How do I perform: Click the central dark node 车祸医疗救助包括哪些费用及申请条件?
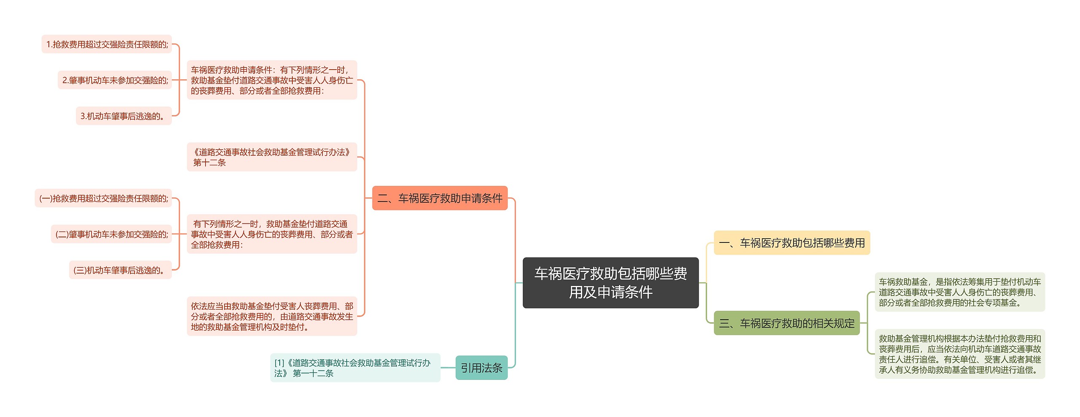pyautogui.click(x=610, y=282)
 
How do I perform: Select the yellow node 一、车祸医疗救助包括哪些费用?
pyautogui.click(x=791, y=243)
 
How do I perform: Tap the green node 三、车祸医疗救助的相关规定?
pyautogui.click(x=786, y=323)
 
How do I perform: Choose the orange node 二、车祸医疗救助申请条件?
pyautogui.click(x=440, y=198)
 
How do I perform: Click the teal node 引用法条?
pyautogui.click(x=481, y=368)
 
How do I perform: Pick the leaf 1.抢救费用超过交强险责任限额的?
pyautogui.click(x=107, y=44)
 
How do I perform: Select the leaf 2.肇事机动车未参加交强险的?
pyautogui.click(x=115, y=80)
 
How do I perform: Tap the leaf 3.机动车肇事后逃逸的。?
pyautogui.click(x=124, y=116)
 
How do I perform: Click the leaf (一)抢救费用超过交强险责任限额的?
pyautogui.click(x=103, y=198)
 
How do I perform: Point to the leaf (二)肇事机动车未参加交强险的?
pyautogui.click(x=111, y=234)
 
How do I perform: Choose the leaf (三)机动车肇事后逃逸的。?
pyautogui.click(x=120, y=270)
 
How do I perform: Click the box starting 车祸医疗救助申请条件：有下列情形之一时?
pyautogui.click(x=272, y=80)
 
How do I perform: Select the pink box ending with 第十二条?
pyautogui.click(x=272, y=157)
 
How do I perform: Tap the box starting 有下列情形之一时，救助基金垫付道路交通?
pyautogui.click(x=272, y=234)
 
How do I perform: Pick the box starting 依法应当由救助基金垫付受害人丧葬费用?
pyautogui.click(x=272, y=316)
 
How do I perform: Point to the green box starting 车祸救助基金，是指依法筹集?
pyautogui.click(x=960, y=292)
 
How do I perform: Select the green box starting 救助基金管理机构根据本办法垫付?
pyautogui.click(x=960, y=354)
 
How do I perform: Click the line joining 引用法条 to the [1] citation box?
pyautogui.click(x=448, y=368)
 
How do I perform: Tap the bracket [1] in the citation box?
pyautogui.click(x=279, y=363)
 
